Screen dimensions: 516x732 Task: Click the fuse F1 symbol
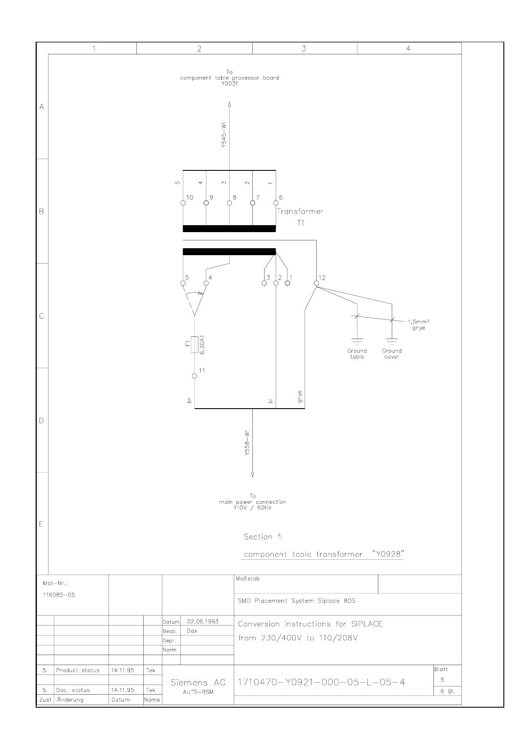pos(195,345)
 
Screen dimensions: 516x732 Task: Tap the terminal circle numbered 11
pos(195,376)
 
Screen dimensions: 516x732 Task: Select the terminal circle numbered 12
pos(317,283)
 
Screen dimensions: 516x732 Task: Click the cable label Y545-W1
pos(224,136)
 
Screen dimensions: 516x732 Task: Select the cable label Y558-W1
pos(247,443)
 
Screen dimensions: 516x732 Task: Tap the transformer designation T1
pos(301,223)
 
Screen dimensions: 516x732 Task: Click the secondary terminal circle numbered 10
pos(183,203)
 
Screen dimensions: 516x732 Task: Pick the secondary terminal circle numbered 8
pos(229,203)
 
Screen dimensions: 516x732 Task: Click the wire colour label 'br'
pos(189,401)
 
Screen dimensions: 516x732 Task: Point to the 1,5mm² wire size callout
pos(416,322)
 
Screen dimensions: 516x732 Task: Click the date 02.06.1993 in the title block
pos(202,622)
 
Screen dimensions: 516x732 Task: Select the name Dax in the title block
pos(192,631)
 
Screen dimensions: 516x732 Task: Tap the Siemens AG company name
pos(198,683)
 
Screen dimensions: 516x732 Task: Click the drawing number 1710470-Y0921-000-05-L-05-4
pos(321,682)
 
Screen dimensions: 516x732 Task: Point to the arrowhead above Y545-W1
pos(229,104)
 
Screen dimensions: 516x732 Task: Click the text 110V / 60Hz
pos(252,508)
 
